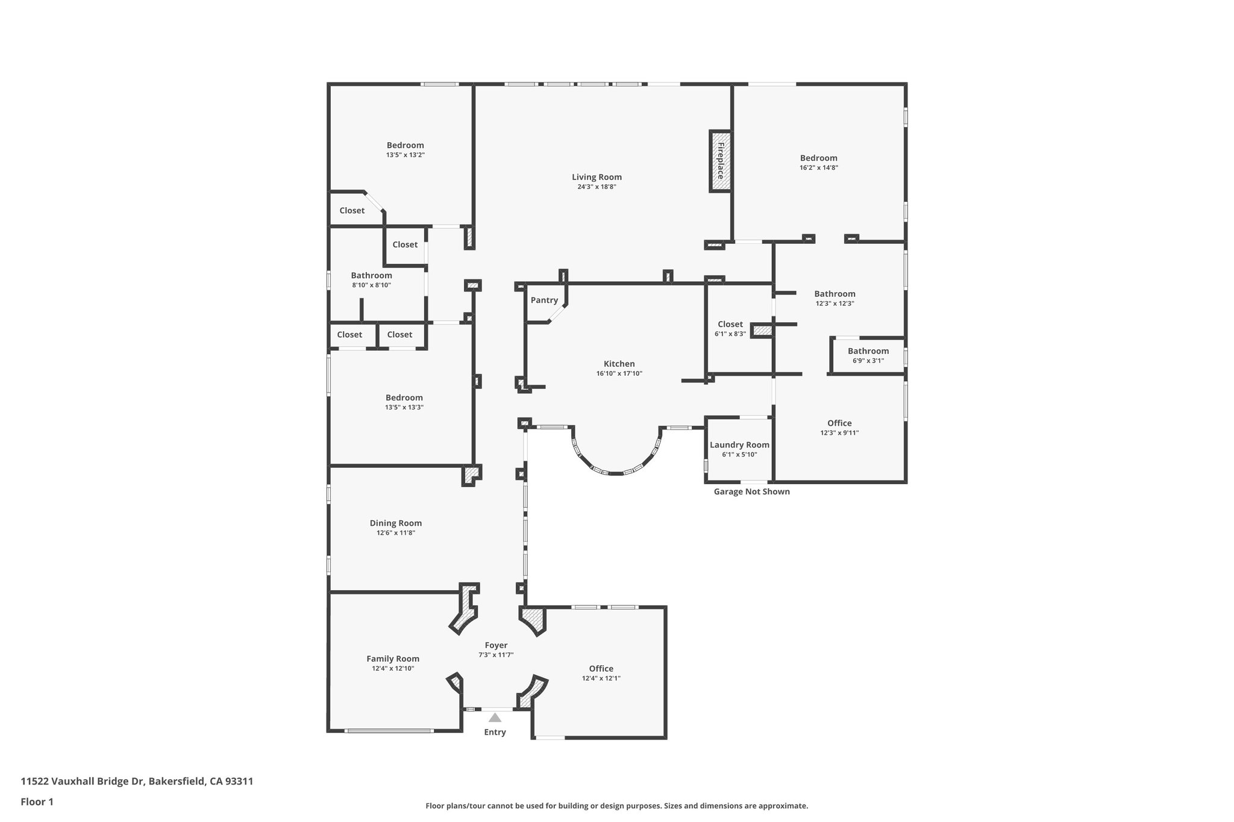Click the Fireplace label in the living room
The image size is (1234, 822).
point(721,161)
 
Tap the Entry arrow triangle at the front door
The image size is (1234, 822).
point(495,717)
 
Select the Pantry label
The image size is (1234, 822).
point(544,300)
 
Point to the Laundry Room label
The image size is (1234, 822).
point(739,445)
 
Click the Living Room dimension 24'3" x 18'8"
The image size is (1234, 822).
point(597,187)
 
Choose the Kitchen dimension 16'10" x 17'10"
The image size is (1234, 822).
point(619,373)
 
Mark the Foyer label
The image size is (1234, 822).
point(496,646)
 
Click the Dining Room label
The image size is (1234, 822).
point(396,523)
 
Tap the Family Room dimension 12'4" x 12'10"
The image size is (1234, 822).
point(393,668)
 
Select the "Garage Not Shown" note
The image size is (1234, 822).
point(751,491)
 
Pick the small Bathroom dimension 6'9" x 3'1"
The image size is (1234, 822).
point(868,361)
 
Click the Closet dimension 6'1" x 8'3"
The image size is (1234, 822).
point(730,334)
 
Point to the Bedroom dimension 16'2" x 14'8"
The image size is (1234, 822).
point(819,168)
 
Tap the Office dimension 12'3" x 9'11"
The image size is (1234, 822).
point(839,432)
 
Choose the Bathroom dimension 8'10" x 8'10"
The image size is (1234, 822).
point(372,285)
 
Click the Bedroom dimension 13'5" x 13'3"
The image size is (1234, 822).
point(404,407)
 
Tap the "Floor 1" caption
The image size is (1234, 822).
point(37,802)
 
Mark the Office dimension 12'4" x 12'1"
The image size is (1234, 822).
point(601,678)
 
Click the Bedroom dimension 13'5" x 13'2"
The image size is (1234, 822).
point(406,155)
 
